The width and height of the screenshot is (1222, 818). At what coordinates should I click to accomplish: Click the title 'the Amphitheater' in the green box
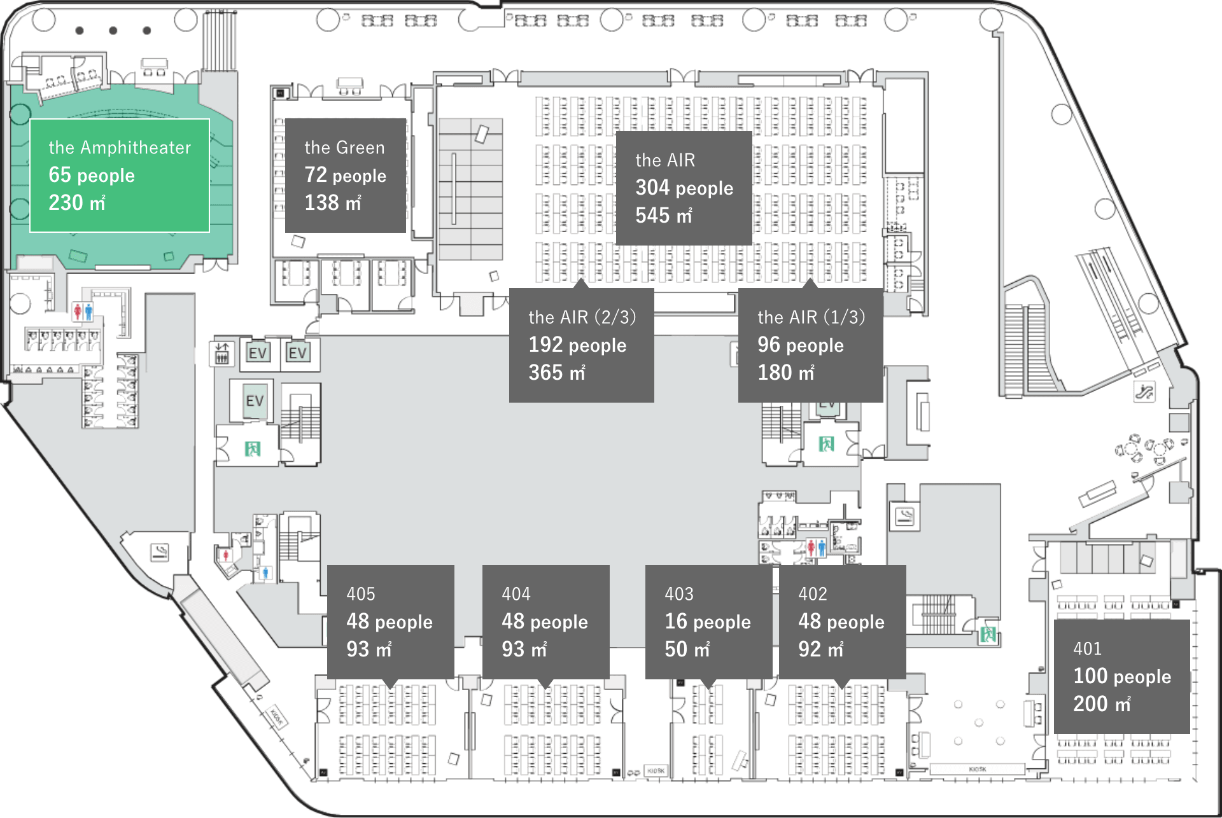pos(120,148)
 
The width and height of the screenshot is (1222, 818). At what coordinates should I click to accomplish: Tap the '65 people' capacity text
pos(92,176)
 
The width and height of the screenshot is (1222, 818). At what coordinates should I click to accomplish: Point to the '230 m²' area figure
pos(77,203)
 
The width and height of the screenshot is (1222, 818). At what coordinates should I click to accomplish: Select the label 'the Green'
pos(344,148)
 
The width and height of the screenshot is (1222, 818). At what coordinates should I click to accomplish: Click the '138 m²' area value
pos(333,203)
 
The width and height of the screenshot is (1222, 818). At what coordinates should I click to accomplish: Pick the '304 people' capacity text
pos(684,188)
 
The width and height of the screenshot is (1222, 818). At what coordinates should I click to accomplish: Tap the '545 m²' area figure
pos(664,216)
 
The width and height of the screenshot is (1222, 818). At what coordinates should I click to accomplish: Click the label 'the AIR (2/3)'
pos(582,317)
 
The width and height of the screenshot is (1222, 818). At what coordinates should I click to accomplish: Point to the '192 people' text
pos(577,345)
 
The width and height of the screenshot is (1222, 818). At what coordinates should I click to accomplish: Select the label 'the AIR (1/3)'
pos(811,317)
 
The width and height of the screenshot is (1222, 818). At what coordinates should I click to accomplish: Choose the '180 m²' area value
pos(786,373)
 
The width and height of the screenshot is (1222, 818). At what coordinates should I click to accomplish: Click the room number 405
pos(361,594)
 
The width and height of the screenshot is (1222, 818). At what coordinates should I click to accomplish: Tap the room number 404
pos(516,594)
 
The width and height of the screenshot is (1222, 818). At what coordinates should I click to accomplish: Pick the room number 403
pos(679,594)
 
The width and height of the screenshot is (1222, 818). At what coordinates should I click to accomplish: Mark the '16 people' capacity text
pos(708,621)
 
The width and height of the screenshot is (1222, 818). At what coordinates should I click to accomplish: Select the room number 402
pos(813,594)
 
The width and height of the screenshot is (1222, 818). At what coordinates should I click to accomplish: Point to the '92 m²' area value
pos(821,649)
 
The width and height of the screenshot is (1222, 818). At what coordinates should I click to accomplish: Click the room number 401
pos(1087,649)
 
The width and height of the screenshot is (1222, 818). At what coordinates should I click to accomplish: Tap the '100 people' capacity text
pos(1122,676)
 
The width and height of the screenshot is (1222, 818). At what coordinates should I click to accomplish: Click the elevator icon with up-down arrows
pos(221,354)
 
